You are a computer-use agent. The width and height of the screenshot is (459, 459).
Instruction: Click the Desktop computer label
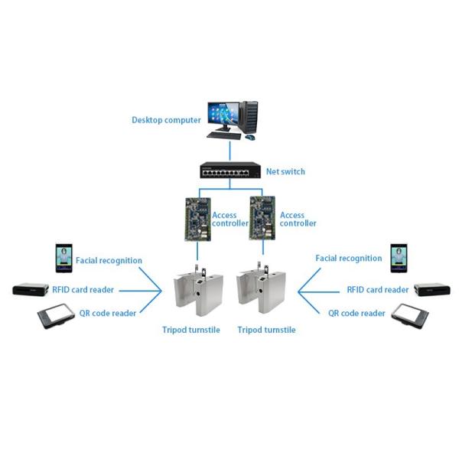166,120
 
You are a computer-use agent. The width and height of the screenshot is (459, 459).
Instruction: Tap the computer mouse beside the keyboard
249,138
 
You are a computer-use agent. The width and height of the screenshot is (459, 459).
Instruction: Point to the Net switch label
285,171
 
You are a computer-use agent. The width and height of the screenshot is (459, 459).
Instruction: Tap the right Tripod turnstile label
266,330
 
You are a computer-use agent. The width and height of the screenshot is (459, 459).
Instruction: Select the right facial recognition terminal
399,258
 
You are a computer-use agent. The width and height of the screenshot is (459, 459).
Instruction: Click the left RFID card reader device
31,290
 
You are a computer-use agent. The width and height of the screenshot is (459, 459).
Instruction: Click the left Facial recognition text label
109,260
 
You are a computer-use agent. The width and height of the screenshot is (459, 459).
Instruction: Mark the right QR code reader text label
356,313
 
